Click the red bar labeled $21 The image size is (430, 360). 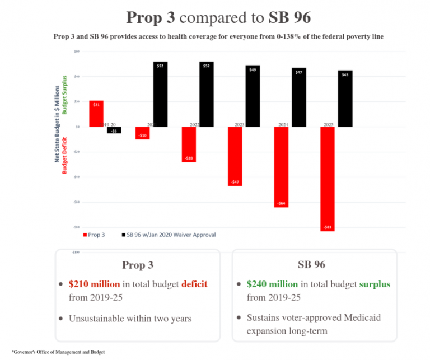[96, 114]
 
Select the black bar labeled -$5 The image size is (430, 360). [114, 130]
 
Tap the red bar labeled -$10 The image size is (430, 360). [142, 133]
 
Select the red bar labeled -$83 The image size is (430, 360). [328, 179]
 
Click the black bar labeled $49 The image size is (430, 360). [253, 96]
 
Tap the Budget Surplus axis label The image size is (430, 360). [64, 95]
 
